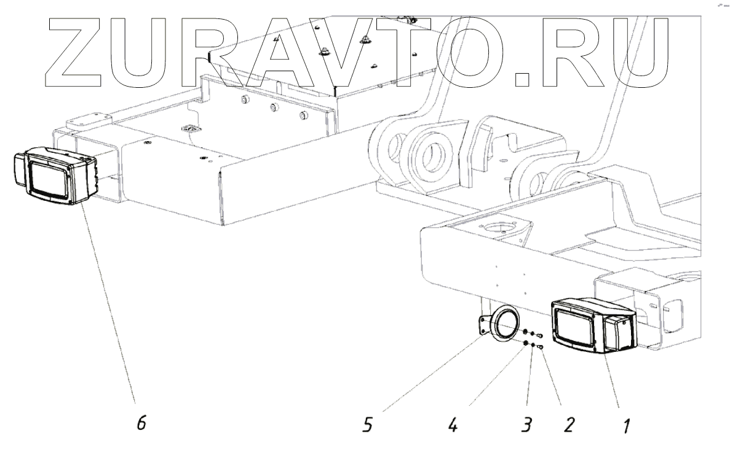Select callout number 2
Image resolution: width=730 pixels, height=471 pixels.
point(569,424)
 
